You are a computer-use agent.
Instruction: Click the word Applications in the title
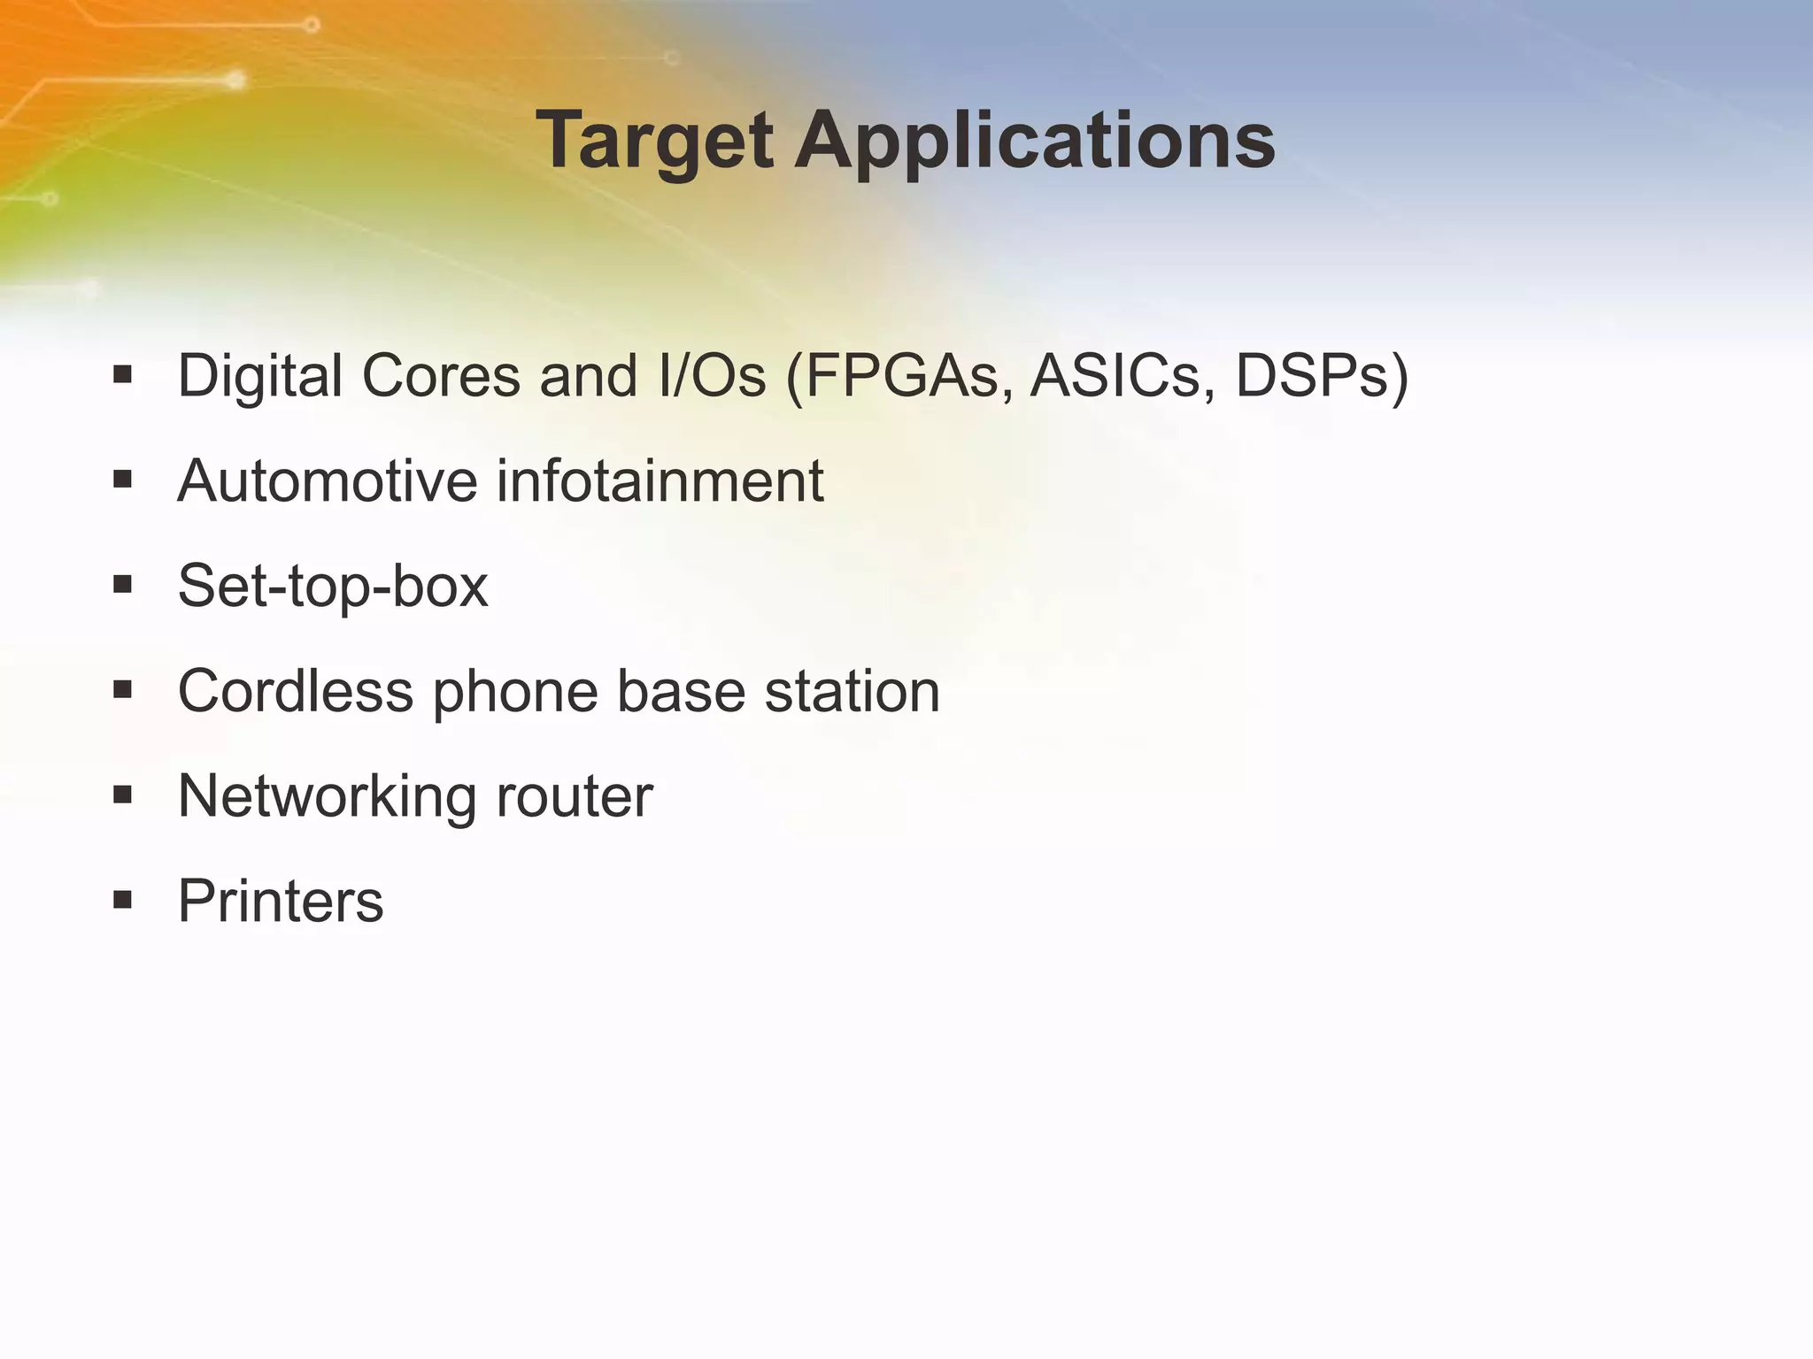pos(1034,142)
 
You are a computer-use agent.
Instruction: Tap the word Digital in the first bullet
pos(260,377)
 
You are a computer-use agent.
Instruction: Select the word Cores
pos(441,377)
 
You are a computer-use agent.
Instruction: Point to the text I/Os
pos(712,377)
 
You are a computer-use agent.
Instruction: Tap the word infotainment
pos(660,481)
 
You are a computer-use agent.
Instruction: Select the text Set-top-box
pos(333,587)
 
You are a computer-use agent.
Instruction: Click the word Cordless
pos(296,691)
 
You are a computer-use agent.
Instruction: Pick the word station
pos(852,691)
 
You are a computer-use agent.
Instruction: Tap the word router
pos(575,796)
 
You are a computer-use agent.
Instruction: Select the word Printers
pos(281,901)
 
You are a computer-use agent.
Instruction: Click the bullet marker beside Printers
pos(123,902)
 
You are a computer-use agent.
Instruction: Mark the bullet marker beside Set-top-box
pos(123,585)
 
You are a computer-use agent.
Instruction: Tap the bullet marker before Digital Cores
pos(123,375)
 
